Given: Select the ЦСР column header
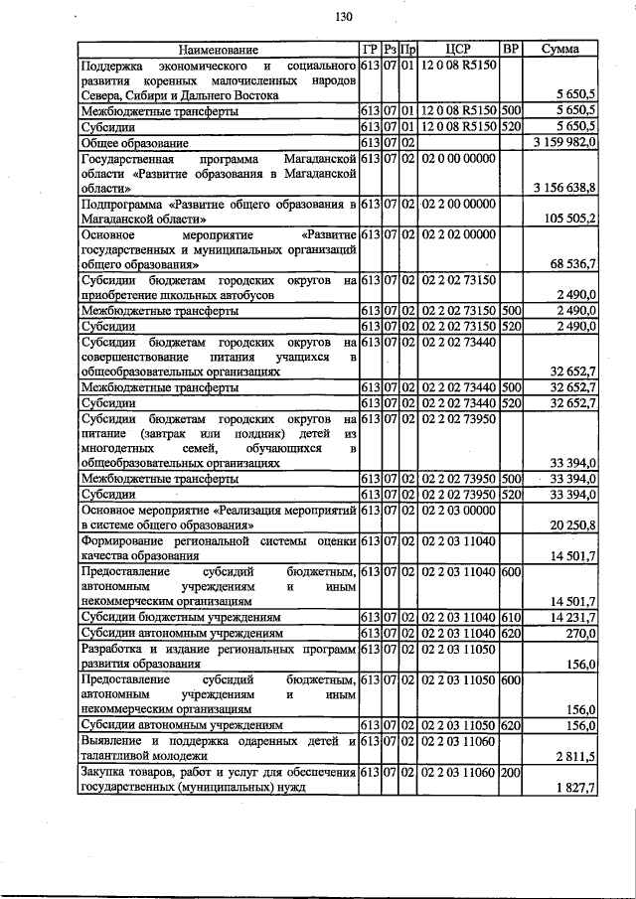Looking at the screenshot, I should [458, 49].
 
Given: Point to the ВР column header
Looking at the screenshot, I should [511, 49].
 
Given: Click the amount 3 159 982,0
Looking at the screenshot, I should [564, 143].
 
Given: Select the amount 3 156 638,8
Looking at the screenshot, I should [564, 187].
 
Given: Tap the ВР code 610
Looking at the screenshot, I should [511, 617].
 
